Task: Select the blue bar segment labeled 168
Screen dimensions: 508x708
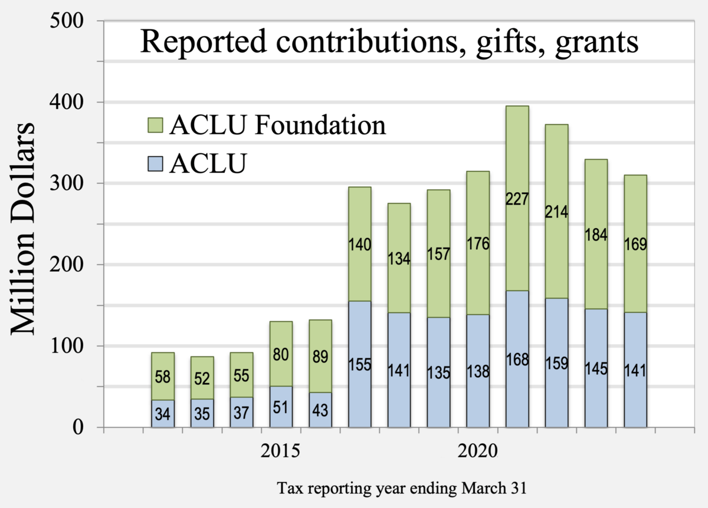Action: click(x=517, y=359)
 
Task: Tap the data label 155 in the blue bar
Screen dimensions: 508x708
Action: click(x=360, y=364)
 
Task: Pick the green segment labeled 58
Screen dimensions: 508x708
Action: click(x=162, y=376)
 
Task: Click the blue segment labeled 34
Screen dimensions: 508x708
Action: click(x=162, y=414)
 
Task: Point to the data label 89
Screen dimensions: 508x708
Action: click(x=320, y=357)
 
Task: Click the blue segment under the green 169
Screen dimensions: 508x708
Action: click(x=635, y=370)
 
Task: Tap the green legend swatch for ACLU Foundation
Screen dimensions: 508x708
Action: click(x=154, y=125)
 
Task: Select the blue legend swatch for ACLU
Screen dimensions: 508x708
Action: click(x=154, y=163)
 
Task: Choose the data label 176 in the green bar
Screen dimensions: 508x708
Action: click(x=478, y=243)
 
